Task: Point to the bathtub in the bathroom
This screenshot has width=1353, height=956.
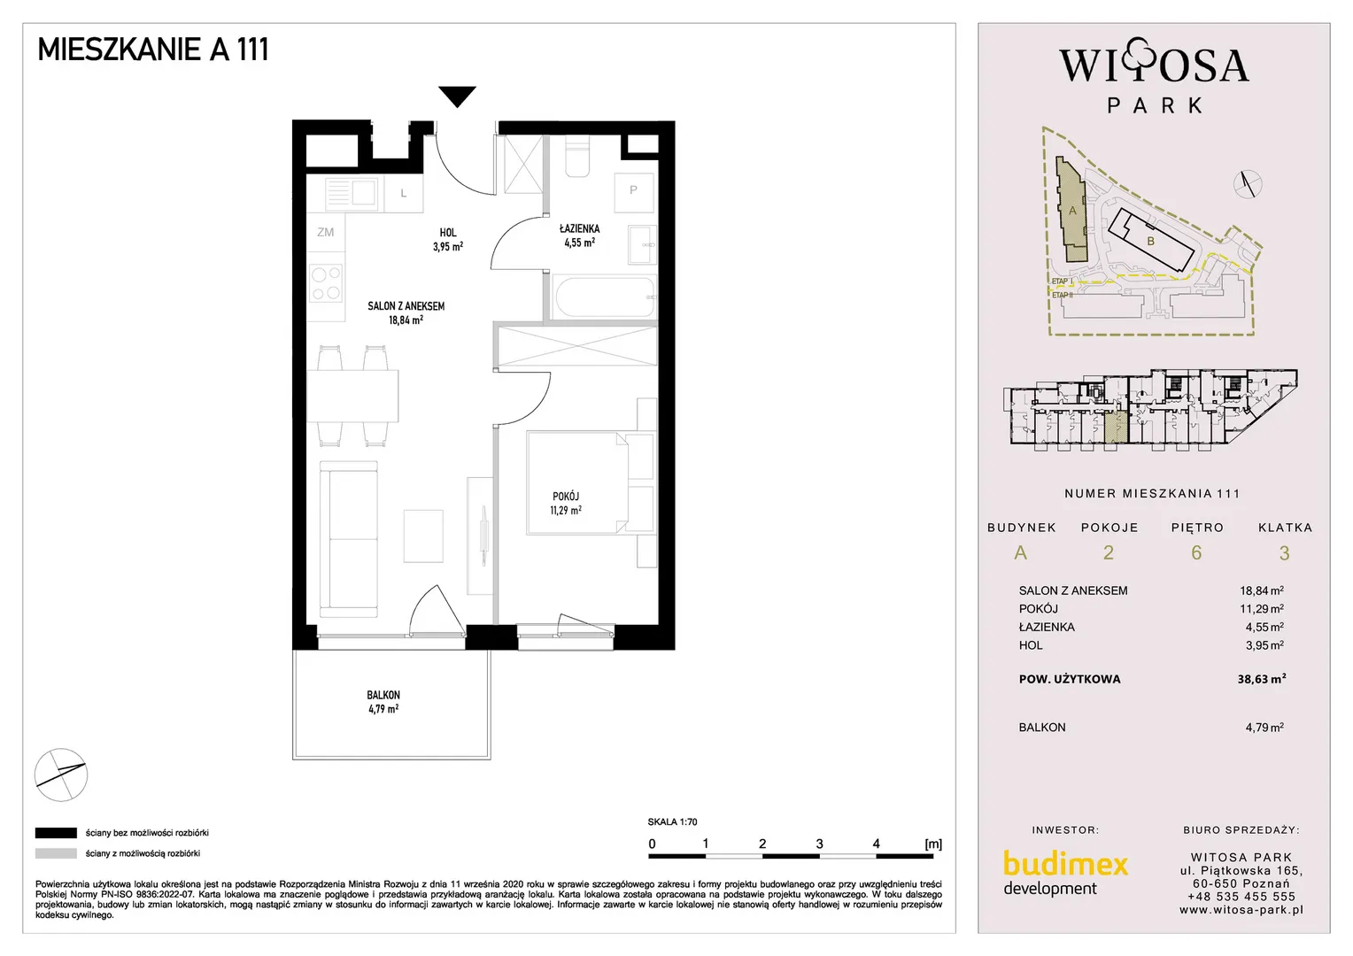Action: tap(603, 297)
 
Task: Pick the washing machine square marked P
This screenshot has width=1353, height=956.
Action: tap(634, 193)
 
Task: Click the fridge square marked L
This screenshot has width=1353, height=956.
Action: tap(404, 194)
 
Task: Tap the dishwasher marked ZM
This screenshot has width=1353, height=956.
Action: tap(326, 232)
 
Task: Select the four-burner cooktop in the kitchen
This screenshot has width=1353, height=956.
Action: tap(326, 283)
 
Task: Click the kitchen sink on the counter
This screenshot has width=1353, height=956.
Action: tap(352, 194)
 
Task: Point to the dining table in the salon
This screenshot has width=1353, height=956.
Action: tap(352, 397)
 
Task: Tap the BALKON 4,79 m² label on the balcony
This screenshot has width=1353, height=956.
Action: tap(383, 702)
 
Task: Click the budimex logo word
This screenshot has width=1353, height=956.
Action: tap(1065, 865)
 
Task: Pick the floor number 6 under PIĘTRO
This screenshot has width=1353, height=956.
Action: tap(1196, 552)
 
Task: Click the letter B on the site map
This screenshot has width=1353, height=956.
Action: tap(1150, 242)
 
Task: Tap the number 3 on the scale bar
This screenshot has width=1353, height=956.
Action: tap(819, 844)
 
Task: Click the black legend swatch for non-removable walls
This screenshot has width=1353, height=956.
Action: tap(56, 833)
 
